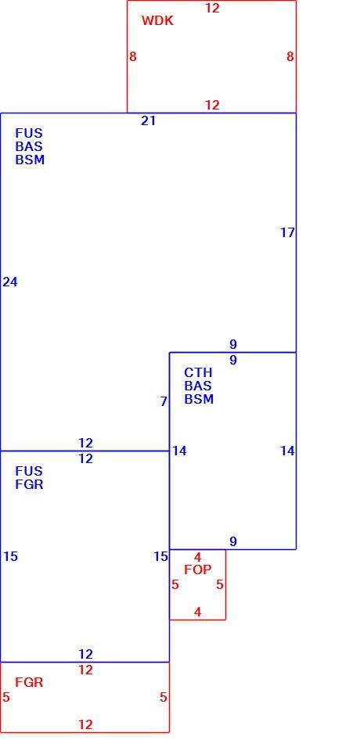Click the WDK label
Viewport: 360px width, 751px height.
pos(157,20)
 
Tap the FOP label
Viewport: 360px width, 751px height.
pos(197,570)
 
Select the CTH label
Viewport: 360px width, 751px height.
pos(198,372)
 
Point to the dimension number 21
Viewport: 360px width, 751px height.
pos(148,121)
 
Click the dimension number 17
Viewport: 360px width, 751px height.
pos(287,233)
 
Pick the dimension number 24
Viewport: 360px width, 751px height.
pos(10,282)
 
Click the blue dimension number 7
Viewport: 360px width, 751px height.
pos(164,401)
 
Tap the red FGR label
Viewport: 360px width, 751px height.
pos(29,682)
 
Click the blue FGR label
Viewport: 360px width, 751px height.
pos(29,484)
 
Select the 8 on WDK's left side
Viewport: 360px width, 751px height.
pos(133,56)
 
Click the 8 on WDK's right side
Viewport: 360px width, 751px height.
pos(290,56)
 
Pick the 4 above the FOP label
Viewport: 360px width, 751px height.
pos(197,557)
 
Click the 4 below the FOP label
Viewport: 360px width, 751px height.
pos(197,612)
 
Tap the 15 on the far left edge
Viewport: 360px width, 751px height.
pos(10,556)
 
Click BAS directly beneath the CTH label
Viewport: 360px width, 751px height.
pos(198,386)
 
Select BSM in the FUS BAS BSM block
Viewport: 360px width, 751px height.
pos(30,160)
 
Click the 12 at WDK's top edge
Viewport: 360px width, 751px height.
pos(212,8)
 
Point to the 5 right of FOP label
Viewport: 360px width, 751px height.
pos(220,585)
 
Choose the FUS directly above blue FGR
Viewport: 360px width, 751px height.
pos(29,471)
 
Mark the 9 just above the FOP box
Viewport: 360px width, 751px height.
pos(233,541)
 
